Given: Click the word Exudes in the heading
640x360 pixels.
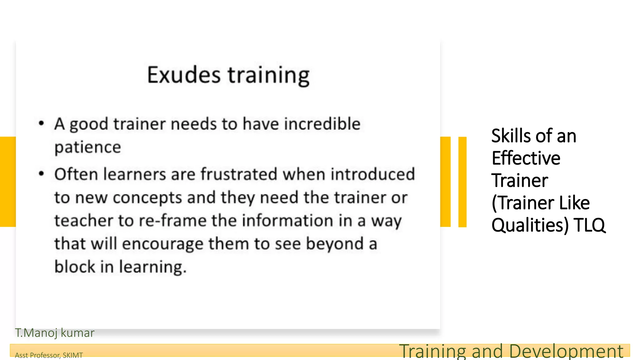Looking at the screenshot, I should pyautogui.click(x=184, y=75).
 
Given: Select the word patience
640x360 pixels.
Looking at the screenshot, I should pyautogui.click(x=87, y=147).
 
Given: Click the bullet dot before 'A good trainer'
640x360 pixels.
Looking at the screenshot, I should pyautogui.click(x=41, y=123).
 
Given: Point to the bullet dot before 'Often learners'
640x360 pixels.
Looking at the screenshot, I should pyautogui.click(x=41, y=174).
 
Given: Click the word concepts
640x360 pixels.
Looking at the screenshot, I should pyautogui.click(x=147, y=197).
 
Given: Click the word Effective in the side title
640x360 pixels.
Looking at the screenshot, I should pyautogui.click(x=526, y=158).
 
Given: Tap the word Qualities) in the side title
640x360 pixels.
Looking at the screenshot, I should pyautogui.click(x=530, y=225).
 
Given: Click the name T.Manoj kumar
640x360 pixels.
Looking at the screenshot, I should pyautogui.click(x=55, y=333).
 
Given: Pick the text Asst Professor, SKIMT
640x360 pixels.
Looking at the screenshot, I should pyautogui.click(x=49, y=355).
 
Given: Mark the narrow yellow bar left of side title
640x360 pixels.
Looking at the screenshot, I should pyautogui.click(x=462, y=182).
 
